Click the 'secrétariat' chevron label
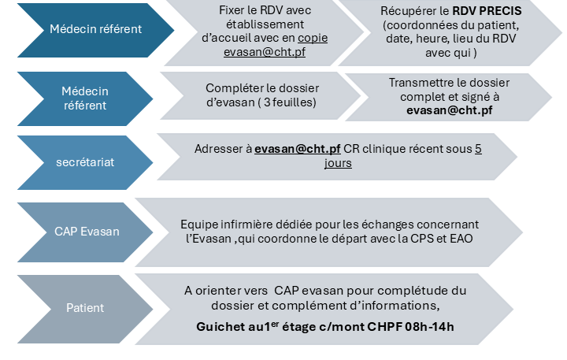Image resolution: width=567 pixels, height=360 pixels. click(85, 162)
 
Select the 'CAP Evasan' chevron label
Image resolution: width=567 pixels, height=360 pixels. click(87, 232)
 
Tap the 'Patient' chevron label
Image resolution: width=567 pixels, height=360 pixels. click(85, 308)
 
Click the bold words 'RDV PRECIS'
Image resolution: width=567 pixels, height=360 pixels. click(487, 11)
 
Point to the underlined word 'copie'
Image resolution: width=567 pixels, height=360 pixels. click(313, 39)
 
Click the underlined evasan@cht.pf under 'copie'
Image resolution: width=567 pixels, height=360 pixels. click(265, 52)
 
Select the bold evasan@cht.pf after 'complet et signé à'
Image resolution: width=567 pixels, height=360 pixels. click(449, 110)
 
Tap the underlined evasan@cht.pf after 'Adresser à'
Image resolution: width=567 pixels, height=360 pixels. click(297, 149)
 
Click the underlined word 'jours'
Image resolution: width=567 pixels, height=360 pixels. click(338, 163)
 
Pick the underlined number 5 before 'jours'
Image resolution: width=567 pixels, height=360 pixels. click(478, 149)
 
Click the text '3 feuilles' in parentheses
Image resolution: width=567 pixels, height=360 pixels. click(290, 102)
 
